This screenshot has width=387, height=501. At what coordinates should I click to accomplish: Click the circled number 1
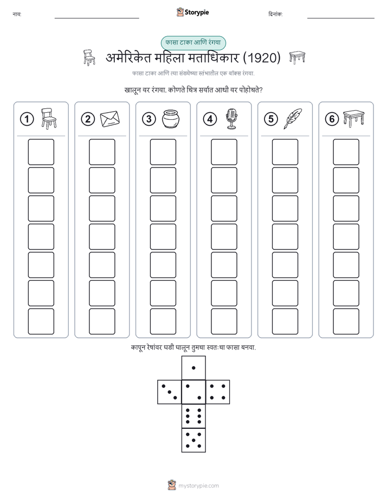point(27,119)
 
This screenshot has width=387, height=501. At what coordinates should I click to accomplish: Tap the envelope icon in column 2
point(110,119)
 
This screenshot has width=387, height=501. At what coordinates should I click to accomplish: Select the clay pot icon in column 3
point(171,119)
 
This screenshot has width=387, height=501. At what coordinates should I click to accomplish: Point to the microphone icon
point(232,119)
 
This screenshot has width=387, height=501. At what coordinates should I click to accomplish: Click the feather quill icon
point(293,119)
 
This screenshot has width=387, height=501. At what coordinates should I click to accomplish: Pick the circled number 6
point(332,119)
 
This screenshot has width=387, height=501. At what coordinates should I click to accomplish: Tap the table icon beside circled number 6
point(353,119)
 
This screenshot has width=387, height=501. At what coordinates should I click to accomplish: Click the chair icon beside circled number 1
point(49,119)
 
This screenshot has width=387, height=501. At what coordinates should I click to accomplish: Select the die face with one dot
point(193,368)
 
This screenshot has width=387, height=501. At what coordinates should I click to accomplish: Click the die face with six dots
point(193,416)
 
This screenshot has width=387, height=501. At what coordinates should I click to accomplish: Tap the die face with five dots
point(193,440)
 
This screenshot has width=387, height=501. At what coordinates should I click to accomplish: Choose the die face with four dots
point(217,392)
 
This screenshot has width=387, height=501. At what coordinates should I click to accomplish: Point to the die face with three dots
point(170,392)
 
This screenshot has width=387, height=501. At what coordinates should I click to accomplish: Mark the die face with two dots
point(193,392)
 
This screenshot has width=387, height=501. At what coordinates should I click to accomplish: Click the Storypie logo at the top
point(192,12)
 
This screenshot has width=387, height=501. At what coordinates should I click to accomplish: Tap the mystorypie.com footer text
point(198,486)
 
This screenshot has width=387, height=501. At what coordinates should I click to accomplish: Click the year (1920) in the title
point(262,58)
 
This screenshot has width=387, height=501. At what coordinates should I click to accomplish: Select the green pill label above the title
point(193,43)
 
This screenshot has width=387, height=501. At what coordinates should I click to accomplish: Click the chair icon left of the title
point(89,58)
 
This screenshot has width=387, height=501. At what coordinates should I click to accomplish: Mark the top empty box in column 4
point(224,152)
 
